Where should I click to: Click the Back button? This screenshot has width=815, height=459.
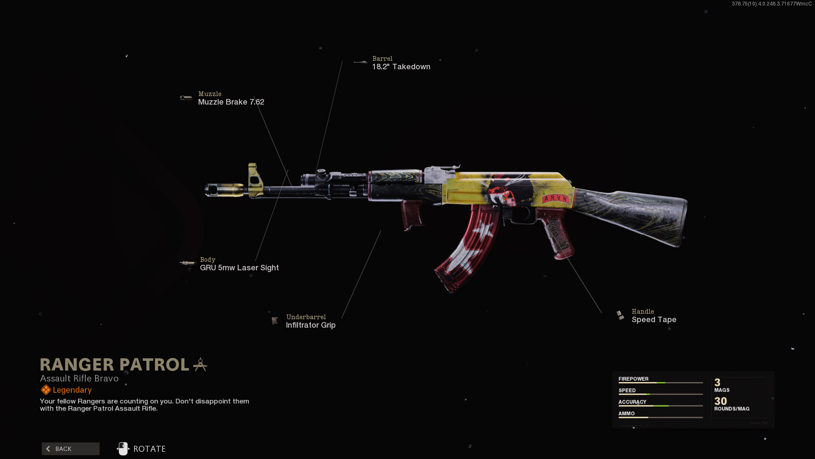point(70,449)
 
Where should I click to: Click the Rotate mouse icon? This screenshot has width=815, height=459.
point(123,449)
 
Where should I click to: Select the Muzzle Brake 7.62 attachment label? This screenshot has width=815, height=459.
point(231,102)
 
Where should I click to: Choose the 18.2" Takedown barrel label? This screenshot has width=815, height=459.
point(401,67)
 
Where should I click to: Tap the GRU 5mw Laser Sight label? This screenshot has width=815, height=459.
point(239,268)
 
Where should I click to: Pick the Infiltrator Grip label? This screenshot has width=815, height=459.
point(310,325)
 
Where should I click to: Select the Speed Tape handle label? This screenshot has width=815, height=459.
point(654,320)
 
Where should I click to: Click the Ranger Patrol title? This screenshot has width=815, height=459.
point(115,365)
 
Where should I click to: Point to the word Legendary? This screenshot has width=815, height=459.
point(72,390)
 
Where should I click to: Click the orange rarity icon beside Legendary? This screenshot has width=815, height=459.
point(46,390)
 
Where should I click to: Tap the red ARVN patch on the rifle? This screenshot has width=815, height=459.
point(555,198)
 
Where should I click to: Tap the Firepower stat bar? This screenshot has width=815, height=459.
point(660,383)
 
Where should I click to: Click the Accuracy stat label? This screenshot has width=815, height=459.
point(632,402)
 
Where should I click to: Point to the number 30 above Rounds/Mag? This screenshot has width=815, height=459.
point(720,401)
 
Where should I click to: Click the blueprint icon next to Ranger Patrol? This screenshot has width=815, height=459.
point(200,365)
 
